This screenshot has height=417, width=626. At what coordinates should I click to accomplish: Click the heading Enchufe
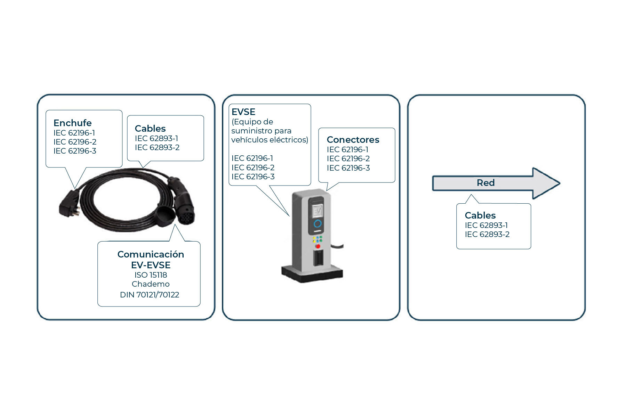coord(72,123)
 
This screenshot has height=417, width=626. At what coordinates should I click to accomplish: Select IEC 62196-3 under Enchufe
coord(75,151)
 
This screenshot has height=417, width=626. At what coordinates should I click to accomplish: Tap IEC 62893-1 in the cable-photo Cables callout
coord(156,138)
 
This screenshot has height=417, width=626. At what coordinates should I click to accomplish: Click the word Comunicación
coord(151,254)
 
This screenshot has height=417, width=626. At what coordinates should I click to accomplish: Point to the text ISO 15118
coord(151,275)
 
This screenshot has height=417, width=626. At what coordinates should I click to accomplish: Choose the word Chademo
coord(151,284)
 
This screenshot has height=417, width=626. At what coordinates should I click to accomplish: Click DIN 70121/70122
coord(150,295)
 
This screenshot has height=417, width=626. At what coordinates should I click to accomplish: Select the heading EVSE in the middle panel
coord(243,112)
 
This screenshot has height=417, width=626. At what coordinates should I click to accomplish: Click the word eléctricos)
coord(288,140)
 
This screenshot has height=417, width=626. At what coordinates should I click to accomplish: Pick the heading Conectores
coord(353,140)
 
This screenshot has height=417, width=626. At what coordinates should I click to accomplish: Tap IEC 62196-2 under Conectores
coord(348,159)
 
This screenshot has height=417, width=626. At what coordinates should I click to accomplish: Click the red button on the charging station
coord(318,246)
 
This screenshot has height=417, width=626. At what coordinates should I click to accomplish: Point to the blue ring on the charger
coord(318,224)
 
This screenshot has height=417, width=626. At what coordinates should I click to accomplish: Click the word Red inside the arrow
coord(485,183)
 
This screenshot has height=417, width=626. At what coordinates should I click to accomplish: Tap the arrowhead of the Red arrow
coord(546,183)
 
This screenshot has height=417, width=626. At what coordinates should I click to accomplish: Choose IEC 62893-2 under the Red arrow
coord(487,235)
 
